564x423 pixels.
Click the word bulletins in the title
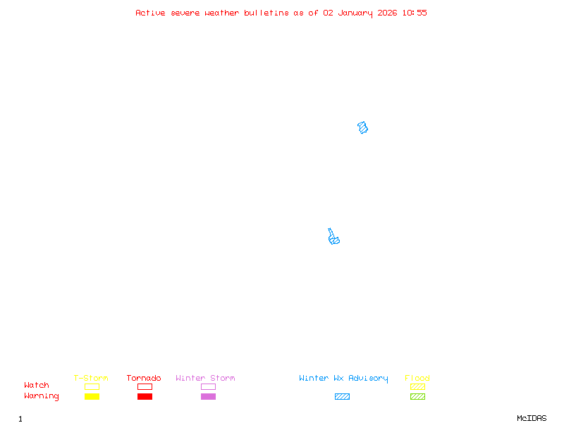coord(266,13)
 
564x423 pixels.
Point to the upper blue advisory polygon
coord(363,128)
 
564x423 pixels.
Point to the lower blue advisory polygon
coord(333,238)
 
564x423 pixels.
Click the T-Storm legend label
coord(91,378)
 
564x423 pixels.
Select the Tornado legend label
coord(144,378)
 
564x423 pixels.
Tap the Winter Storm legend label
coord(205,378)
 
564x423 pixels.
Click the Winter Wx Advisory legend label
coord(343,378)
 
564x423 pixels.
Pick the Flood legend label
coord(417,378)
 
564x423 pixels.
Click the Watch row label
coord(37,386)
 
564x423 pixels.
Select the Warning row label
coord(42,396)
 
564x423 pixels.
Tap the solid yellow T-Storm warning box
coord(92,396)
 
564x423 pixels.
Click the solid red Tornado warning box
coord(145,396)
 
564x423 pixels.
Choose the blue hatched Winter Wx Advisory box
coord(342,396)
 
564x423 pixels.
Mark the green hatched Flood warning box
coord(417,396)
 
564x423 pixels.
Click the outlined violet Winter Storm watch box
coord(208,386)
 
